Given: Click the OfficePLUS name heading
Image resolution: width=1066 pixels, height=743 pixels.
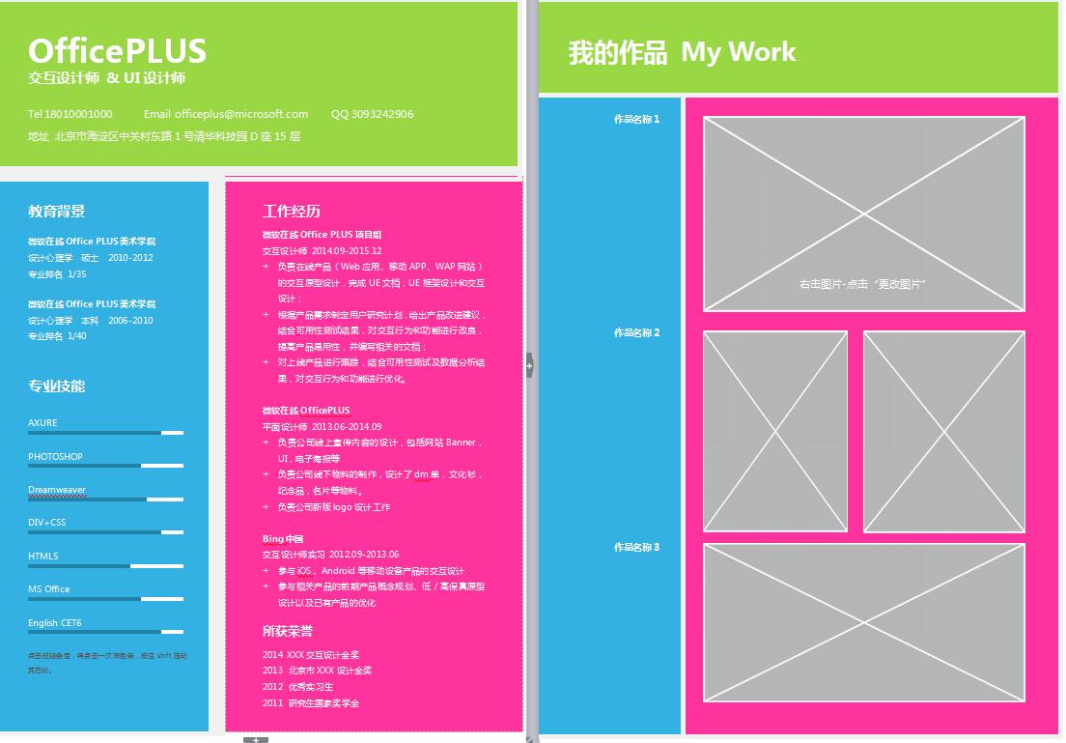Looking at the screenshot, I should tap(117, 50).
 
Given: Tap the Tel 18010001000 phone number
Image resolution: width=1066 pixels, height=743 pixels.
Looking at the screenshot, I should tap(70, 114).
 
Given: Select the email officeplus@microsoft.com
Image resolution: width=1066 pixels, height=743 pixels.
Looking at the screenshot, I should tap(226, 114).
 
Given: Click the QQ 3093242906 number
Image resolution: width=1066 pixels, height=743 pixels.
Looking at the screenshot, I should tap(372, 114).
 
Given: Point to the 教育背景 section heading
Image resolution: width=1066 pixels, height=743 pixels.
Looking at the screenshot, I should tap(57, 212).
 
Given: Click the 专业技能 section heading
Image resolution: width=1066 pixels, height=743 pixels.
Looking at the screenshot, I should tap(57, 386).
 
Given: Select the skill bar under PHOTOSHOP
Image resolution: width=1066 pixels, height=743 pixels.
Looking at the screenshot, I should tap(105, 466).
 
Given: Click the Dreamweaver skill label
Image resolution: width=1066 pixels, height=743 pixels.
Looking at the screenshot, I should tap(57, 490).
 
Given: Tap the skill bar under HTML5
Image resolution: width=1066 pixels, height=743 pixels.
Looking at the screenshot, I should tap(105, 565).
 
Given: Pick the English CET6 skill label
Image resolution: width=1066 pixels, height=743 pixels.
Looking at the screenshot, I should tap(55, 623).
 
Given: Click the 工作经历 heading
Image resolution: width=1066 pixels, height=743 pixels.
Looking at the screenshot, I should tap(291, 212).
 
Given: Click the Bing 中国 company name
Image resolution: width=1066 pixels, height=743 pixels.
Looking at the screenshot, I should tap(283, 538).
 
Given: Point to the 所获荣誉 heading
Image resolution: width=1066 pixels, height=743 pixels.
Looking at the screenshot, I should tap(288, 632).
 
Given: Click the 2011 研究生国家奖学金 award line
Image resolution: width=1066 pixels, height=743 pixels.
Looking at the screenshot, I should tap(311, 703).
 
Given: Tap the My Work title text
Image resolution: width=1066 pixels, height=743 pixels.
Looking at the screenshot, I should tap(739, 51).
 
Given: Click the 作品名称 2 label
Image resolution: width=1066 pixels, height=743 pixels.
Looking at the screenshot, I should tap(636, 333).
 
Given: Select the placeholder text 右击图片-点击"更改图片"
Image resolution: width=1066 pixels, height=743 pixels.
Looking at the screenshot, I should tap(863, 284).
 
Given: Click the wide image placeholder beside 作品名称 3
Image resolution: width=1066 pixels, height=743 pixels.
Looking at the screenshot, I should tap(863, 622).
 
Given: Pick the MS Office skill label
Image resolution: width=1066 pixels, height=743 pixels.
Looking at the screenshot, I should tap(49, 589).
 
